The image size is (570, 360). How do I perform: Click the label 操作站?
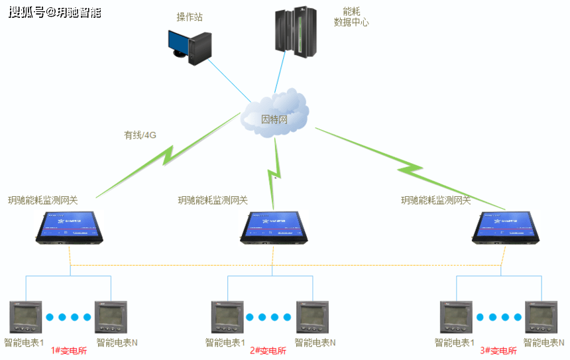pos(190,17)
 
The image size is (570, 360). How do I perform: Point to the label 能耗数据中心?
pos(351,17)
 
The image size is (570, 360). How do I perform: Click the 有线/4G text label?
pos(140,135)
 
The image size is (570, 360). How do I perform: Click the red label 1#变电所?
pos(70,351)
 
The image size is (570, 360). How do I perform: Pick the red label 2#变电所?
pos(268,351)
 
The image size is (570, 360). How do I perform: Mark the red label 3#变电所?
pos(498,351)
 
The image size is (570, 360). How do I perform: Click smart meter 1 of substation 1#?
pos(25,318)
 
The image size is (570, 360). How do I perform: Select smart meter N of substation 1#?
pos(110,318)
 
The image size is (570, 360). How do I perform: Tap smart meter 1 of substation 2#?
pos(227,318)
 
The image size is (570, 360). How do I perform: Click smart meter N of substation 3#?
pos(541,318)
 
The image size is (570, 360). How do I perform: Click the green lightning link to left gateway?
pos(166,156)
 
